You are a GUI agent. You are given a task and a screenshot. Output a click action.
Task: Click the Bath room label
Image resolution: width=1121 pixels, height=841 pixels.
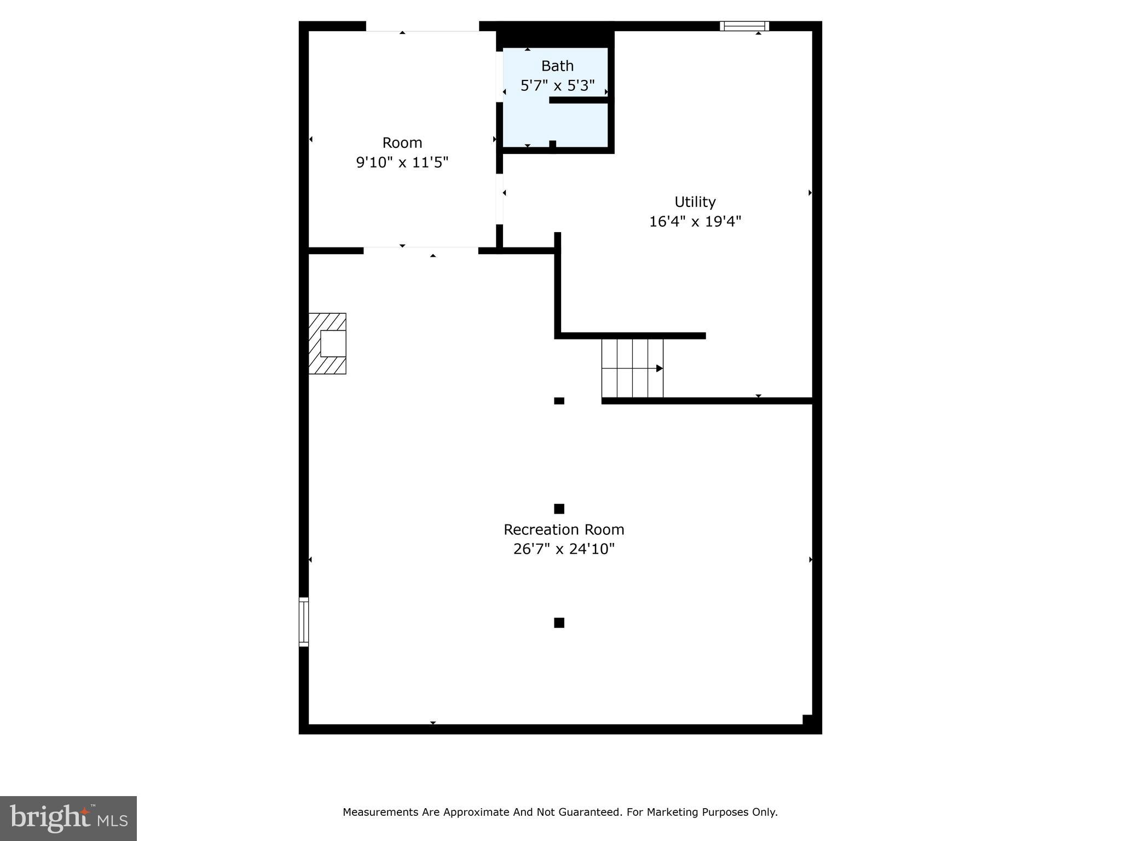pyautogui.click(x=557, y=66)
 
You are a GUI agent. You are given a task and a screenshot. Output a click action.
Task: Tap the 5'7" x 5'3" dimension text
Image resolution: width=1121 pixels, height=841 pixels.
pyautogui.click(x=557, y=86)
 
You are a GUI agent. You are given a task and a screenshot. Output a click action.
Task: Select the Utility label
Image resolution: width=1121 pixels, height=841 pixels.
pyautogui.click(x=695, y=202)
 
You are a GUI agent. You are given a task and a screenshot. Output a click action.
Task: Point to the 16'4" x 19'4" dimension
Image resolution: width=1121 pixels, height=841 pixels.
pyautogui.click(x=695, y=222)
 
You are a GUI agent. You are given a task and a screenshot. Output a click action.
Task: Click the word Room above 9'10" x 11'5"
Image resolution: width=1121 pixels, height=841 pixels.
pyautogui.click(x=402, y=143)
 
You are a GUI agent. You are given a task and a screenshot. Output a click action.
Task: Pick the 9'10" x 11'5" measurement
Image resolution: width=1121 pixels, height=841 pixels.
pyautogui.click(x=402, y=163)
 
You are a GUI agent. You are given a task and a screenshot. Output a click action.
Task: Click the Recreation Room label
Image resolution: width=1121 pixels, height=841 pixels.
pyautogui.click(x=564, y=529)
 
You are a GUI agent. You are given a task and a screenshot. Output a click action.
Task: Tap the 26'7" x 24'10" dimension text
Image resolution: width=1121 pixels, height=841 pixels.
pyautogui.click(x=564, y=549)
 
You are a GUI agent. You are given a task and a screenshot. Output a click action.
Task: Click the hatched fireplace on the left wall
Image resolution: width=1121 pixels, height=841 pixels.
pyautogui.click(x=327, y=344)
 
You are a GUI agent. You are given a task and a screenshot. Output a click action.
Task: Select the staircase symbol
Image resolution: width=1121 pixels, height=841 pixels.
pyautogui.click(x=632, y=368)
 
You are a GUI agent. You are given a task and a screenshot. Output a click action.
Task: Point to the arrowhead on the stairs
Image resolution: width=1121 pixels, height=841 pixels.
pyautogui.click(x=660, y=368)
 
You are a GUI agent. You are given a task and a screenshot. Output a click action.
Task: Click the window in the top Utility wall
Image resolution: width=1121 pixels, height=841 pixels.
pyautogui.click(x=744, y=26)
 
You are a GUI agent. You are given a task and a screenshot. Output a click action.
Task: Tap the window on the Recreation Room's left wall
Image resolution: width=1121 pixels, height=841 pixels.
pyautogui.click(x=304, y=622)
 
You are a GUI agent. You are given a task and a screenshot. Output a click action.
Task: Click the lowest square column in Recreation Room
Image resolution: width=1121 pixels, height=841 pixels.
pyautogui.click(x=559, y=623)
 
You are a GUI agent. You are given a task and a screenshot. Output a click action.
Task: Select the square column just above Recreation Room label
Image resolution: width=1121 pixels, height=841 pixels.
pyautogui.click(x=559, y=509)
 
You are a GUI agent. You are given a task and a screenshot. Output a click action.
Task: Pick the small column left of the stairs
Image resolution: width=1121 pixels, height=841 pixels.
pyautogui.click(x=559, y=401)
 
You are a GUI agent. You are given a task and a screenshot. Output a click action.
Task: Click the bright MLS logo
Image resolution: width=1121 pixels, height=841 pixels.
pyautogui.click(x=68, y=818)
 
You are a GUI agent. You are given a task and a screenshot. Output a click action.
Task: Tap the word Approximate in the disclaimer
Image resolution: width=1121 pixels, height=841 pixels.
pyautogui.click(x=476, y=813)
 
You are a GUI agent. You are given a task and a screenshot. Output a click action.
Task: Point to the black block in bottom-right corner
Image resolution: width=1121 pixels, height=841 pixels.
pyautogui.click(x=807, y=720)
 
